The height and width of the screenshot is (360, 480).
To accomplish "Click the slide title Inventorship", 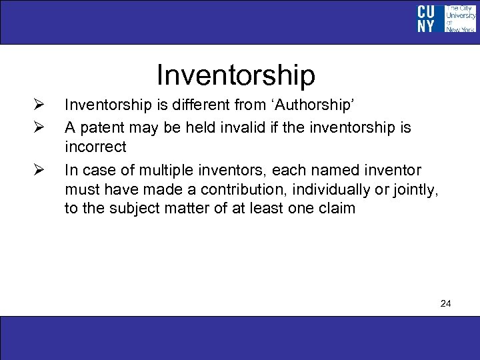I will pyautogui.click(x=235, y=75).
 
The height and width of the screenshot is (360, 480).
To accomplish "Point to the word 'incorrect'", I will pyautogui.click(x=95, y=147).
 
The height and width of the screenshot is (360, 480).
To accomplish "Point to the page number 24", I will pyautogui.click(x=446, y=304).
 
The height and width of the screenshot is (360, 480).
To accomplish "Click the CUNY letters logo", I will pyautogui.click(x=427, y=18).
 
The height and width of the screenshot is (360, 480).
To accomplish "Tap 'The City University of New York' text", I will pyautogui.click(x=460, y=18).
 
